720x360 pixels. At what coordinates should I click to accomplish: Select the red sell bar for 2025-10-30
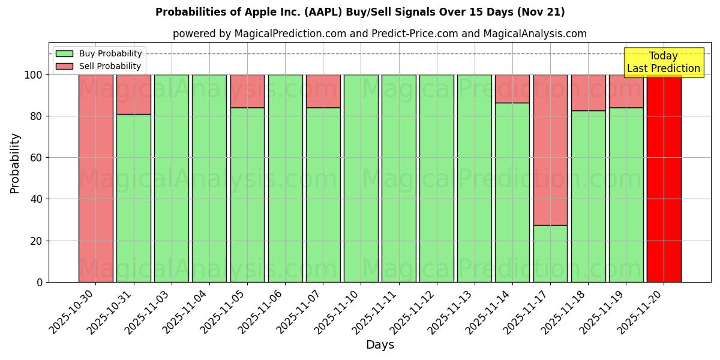(96, 178)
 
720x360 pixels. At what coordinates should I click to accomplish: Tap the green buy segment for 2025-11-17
(550, 253)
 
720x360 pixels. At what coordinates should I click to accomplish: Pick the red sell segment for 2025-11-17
(550, 150)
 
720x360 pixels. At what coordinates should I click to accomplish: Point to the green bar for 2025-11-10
(361, 178)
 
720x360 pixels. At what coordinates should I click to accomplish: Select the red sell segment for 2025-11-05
(247, 91)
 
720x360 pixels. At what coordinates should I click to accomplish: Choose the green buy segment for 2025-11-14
(512, 192)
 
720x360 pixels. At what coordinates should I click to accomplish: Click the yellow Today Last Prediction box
(663, 62)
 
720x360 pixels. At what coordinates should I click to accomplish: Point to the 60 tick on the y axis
(39, 158)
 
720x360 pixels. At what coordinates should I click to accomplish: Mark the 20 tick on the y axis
(39, 241)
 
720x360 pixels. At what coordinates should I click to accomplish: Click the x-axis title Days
(380, 345)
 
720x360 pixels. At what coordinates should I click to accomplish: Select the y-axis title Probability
(15, 163)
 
